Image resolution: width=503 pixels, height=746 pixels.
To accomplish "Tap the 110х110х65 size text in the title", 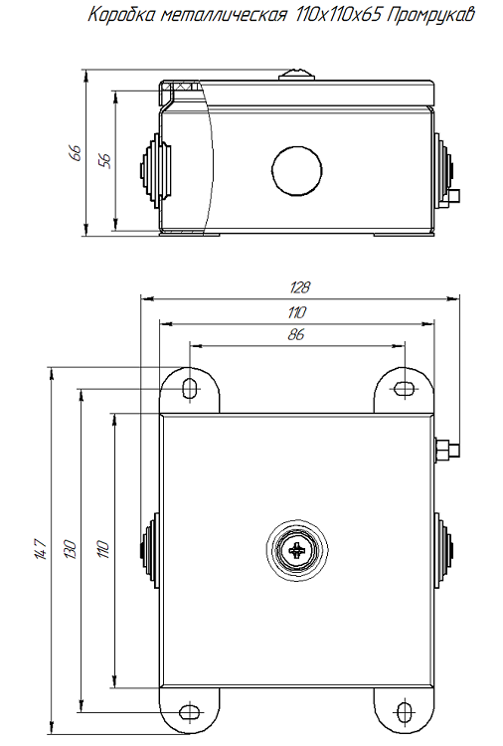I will (x=335, y=16).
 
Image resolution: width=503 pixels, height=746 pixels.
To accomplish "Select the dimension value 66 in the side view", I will (x=74, y=152).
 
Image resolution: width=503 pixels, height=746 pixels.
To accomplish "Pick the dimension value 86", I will (x=296, y=335).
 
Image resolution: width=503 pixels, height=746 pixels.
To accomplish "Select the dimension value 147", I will (x=40, y=549).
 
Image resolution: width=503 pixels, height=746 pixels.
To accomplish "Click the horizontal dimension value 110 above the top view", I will (x=297, y=311).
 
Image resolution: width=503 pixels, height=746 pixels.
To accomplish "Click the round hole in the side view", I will (x=297, y=168).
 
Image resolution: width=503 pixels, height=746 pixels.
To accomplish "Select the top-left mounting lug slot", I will (x=190, y=388).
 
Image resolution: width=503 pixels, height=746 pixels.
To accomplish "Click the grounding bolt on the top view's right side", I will (x=448, y=449).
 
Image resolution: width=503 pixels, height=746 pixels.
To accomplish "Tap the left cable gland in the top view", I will (x=149, y=550).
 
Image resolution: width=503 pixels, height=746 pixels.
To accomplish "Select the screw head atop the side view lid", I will (x=297, y=73).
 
